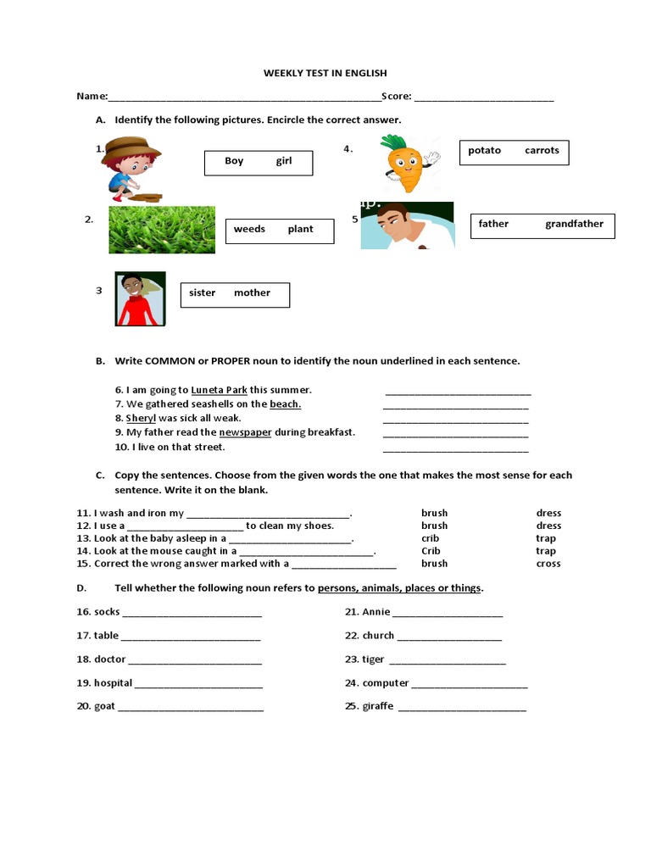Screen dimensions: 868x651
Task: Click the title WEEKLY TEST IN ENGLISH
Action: tap(325, 74)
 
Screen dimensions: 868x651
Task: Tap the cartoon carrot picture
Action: tap(407, 163)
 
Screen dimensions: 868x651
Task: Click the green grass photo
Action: tap(161, 230)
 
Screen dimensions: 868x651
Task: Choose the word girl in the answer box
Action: tap(283, 161)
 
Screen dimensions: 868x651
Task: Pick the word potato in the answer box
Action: tap(484, 151)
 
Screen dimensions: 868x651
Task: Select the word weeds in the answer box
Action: tap(249, 229)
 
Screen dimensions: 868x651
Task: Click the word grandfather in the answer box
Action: tap(574, 225)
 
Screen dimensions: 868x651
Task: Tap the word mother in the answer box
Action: tap(252, 293)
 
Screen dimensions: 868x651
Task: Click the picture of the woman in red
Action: tap(140, 299)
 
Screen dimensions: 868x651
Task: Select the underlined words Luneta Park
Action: tap(219, 390)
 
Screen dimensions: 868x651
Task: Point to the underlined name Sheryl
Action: tap(141, 418)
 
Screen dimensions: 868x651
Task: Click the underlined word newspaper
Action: tap(245, 432)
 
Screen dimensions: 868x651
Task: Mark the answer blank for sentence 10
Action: tap(455, 448)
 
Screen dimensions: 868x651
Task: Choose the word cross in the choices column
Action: tap(548, 564)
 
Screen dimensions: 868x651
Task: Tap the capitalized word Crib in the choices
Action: tap(431, 551)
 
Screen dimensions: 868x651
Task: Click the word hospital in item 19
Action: tap(113, 683)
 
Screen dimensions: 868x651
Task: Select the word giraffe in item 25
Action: tap(377, 707)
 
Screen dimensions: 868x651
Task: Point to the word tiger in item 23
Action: tap(373, 659)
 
